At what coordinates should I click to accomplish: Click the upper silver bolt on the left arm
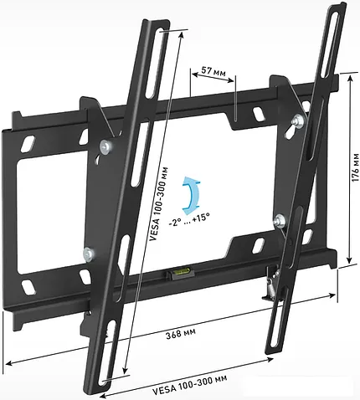pyautogui.click(x=103, y=148)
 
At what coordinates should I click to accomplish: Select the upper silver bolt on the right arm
pyautogui.click(x=296, y=124)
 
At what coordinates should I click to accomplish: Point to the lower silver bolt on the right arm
pyautogui.click(x=280, y=221)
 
